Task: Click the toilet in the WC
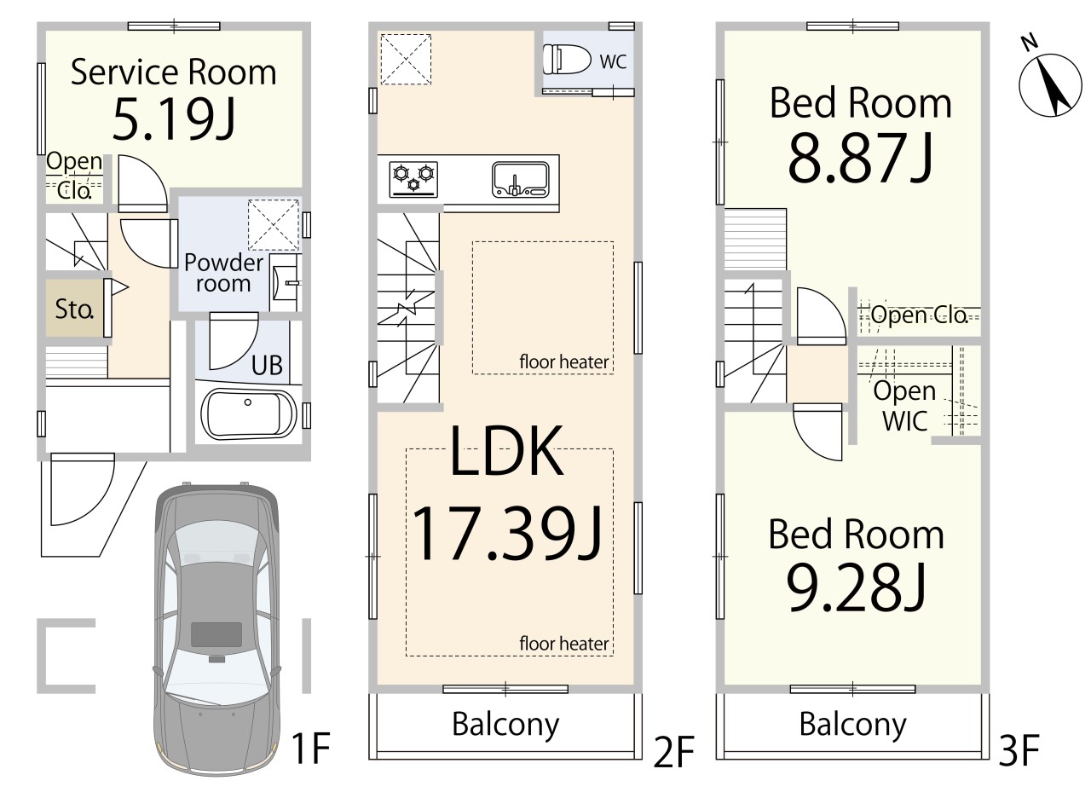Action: point(567,60)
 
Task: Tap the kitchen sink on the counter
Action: point(520,179)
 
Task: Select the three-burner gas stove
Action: point(413,179)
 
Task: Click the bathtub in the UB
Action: point(249,413)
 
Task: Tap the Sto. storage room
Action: point(74,308)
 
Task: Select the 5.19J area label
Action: point(174,119)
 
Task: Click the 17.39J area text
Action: point(506,534)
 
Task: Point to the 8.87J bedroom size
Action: point(860,158)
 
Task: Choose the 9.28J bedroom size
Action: point(856,587)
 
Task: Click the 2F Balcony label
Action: point(505,725)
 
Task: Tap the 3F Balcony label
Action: point(853,725)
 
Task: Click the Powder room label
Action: point(223,273)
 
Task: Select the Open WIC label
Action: point(904,406)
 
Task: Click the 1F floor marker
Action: point(311,748)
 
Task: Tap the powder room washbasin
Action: point(286,282)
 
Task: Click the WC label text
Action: point(613,62)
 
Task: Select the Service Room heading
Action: point(174,72)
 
